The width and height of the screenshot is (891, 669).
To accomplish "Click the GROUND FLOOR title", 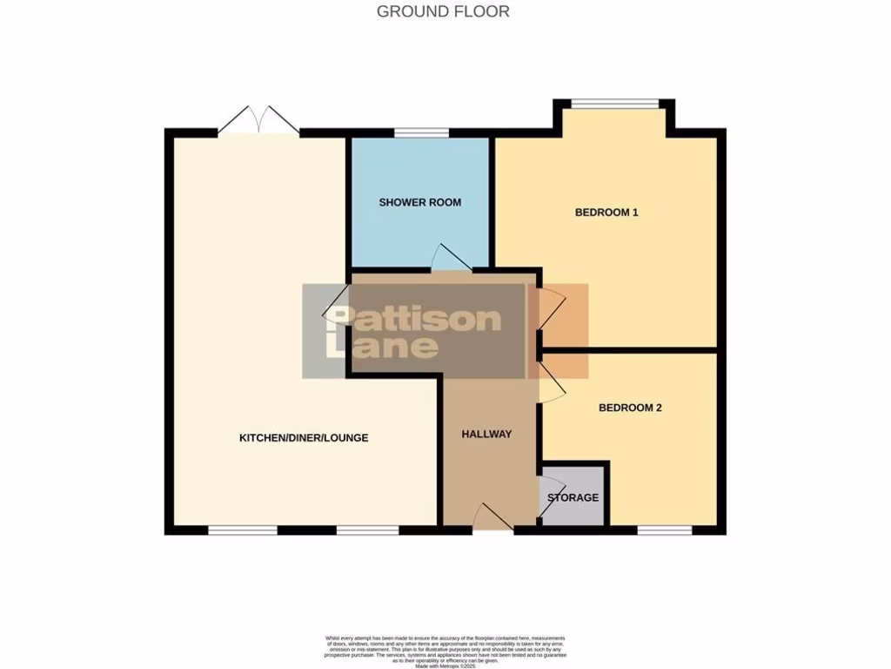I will pyautogui.click(x=443, y=11).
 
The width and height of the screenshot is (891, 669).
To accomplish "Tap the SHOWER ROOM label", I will pyautogui.click(x=419, y=202).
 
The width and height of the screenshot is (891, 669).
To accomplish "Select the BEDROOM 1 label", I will pyautogui.click(x=606, y=212).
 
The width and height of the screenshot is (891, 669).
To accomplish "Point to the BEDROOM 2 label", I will pyautogui.click(x=631, y=407).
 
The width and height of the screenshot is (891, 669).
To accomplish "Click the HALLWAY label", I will pyautogui.click(x=486, y=434).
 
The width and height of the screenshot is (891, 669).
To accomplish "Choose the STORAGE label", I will pyautogui.click(x=573, y=497).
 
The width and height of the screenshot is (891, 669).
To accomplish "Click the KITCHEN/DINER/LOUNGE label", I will pyautogui.click(x=304, y=437).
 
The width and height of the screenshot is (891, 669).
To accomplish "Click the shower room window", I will pyautogui.click(x=421, y=133).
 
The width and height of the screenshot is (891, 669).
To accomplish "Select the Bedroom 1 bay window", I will pyautogui.click(x=615, y=104).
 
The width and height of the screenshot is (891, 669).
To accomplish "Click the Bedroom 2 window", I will pyautogui.click(x=665, y=529).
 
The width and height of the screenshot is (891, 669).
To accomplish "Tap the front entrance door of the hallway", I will pyautogui.click(x=493, y=517).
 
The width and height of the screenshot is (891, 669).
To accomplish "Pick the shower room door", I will pyautogui.click(x=451, y=259).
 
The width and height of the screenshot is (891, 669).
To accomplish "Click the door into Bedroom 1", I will pyautogui.click(x=551, y=309).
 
